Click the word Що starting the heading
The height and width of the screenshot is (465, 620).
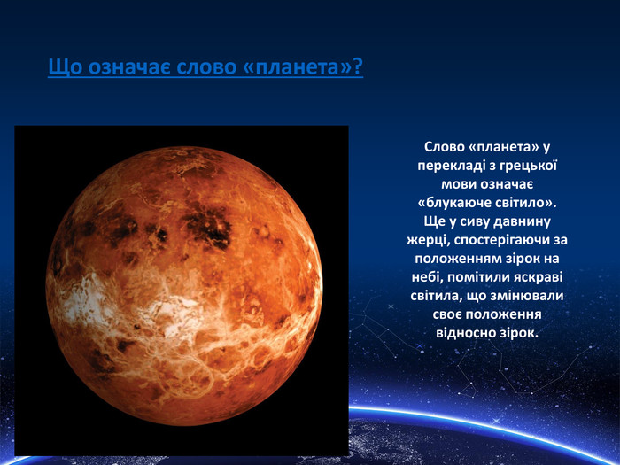point(66,66)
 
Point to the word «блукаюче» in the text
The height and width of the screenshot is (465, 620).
point(454,203)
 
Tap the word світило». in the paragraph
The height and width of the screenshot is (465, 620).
point(526,203)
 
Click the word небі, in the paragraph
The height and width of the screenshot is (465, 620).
point(426,277)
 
